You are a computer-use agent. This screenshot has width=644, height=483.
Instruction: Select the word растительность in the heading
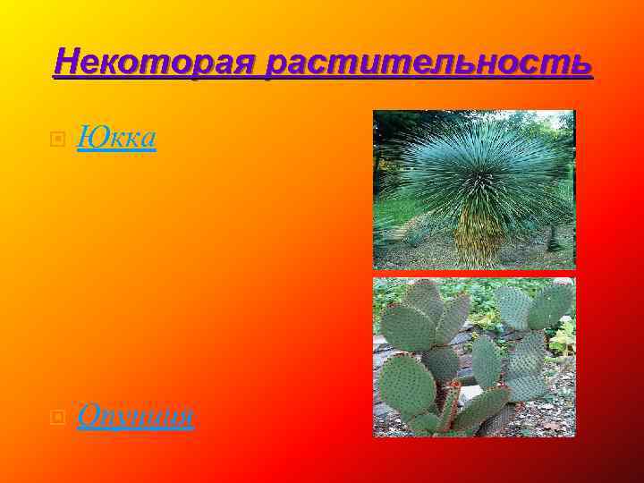click(x=429, y=64)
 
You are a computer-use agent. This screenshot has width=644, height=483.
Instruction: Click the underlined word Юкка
click(x=116, y=138)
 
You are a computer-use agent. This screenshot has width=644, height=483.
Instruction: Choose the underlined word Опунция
click(x=135, y=417)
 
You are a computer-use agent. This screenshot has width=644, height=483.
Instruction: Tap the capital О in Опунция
click(x=87, y=416)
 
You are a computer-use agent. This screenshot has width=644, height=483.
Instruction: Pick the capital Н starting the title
click(x=65, y=63)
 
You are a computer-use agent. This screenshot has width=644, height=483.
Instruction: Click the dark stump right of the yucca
click(x=554, y=236)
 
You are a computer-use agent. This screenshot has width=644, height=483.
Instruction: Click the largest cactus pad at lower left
click(x=408, y=385)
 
